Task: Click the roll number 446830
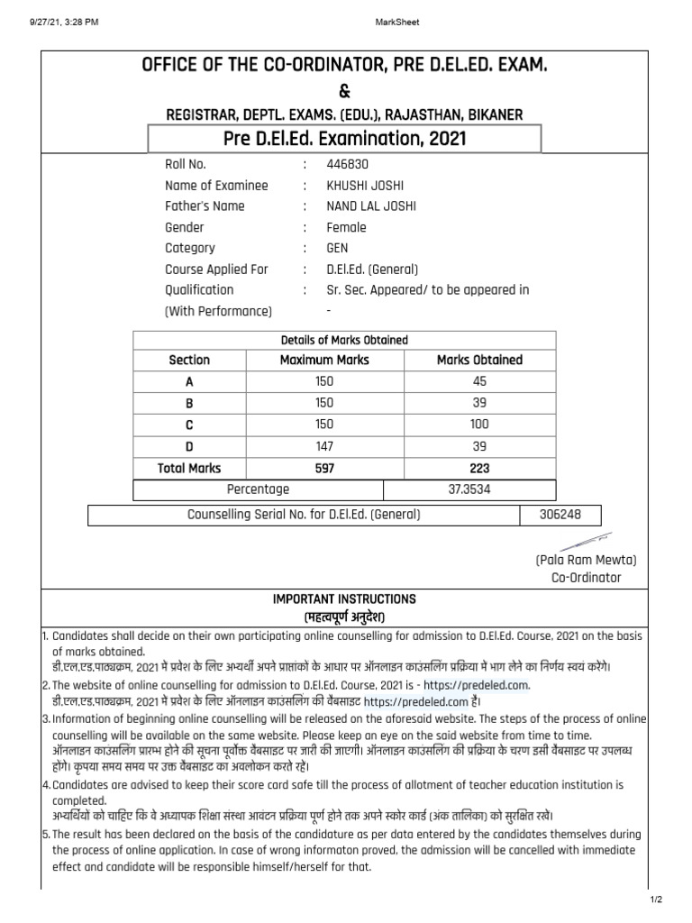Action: pos(348,165)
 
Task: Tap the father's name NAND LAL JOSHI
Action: pos(371,206)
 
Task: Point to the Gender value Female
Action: pos(347,227)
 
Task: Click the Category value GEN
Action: pos(338,248)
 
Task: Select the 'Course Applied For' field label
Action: pos(216,269)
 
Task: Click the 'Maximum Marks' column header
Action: pos(324,360)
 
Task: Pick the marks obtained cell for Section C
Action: pos(479,425)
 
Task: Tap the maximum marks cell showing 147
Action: pos(324,446)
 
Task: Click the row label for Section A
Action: pos(189,381)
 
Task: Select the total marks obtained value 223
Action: pos(479,468)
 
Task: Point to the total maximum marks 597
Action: pos(324,468)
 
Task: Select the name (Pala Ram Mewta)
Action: pos(586,560)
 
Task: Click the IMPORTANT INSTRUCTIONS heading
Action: pos(344,599)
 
